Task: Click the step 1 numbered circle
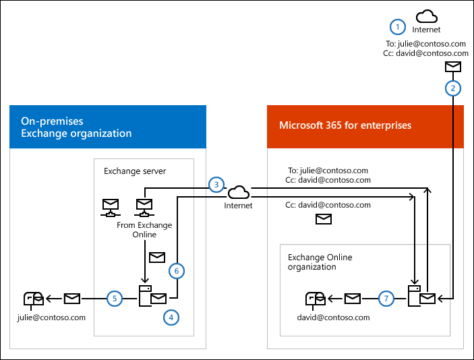[398, 26]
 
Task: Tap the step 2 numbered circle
[453, 88]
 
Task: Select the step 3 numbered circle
[216, 184]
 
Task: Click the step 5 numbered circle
[115, 297]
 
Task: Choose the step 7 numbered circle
[386, 298]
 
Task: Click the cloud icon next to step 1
[426, 16]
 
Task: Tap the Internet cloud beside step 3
[238, 192]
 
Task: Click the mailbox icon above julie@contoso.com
[33, 298]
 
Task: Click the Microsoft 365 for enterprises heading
[345, 125]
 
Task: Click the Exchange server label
[135, 171]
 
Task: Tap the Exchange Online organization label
[320, 262]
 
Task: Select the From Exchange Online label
[144, 230]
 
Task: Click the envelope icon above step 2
[453, 67]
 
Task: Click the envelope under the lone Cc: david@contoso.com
[324, 219]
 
